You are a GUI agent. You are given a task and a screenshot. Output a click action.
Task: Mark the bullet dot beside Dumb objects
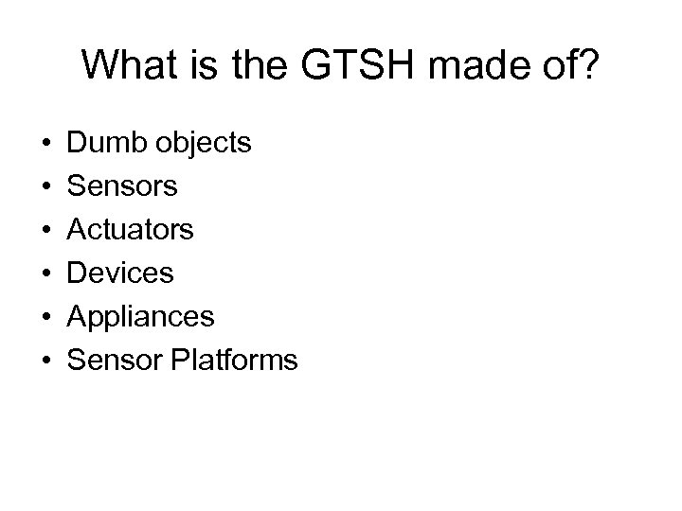pos(45,144)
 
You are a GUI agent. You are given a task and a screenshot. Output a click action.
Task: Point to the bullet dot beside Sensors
pos(45,187)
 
